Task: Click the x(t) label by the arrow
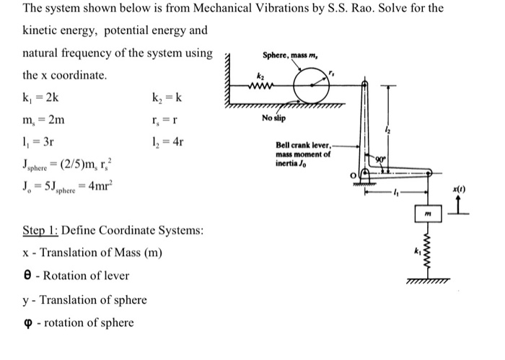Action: [475, 188]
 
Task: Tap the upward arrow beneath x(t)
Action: [477, 207]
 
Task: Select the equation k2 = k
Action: [168, 97]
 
